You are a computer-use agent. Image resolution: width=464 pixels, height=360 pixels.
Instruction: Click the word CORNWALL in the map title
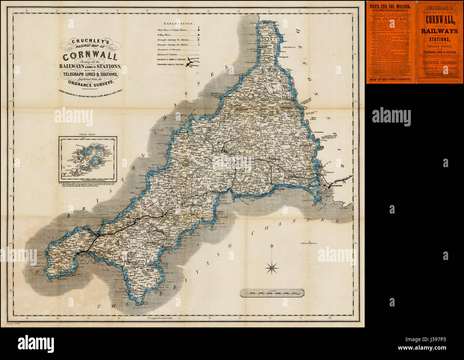point(90,56)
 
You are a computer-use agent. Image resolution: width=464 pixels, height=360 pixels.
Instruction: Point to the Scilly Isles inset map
point(88,158)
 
